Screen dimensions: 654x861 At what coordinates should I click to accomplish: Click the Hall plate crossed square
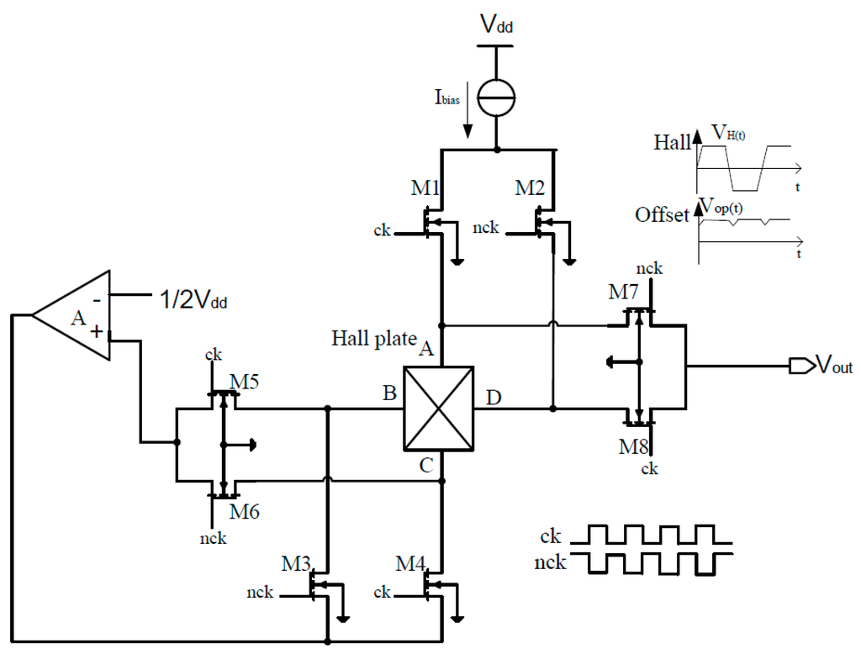438,409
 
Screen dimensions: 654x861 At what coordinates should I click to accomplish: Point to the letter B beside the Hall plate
390,393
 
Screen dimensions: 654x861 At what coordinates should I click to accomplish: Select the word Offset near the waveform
661,215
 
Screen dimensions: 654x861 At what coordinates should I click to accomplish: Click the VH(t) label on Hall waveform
731,131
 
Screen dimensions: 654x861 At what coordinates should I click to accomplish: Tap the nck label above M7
649,269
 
